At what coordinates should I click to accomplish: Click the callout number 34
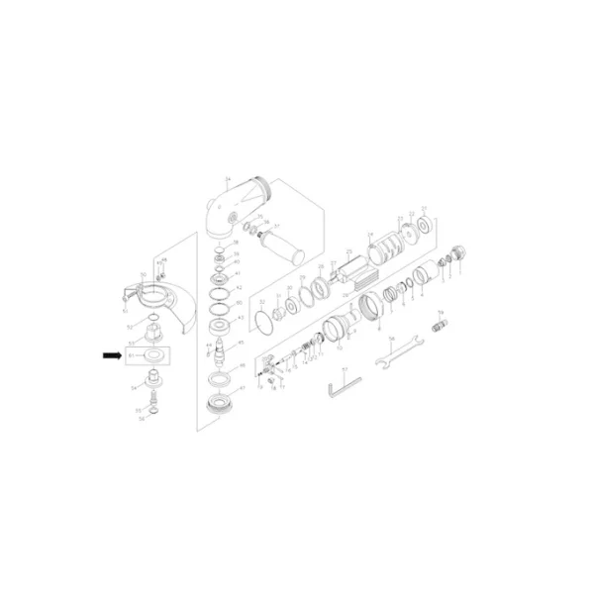click(226, 178)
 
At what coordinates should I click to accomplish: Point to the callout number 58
click(392, 341)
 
